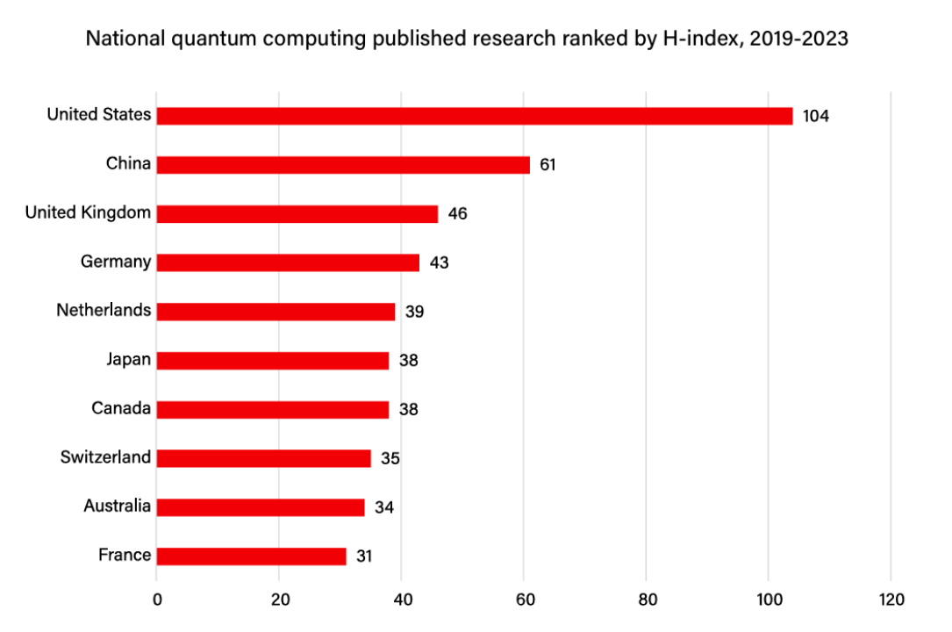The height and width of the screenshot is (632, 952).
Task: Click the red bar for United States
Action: tap(474, 116)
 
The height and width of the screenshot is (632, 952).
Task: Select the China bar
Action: tap(343, 165)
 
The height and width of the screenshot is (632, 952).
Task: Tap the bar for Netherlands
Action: tap(276, 312)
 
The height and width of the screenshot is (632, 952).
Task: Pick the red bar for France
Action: tap(251, 557)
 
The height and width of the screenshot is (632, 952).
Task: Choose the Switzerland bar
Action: tap(263, 458)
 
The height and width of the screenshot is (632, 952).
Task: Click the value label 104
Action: tap(816, 116)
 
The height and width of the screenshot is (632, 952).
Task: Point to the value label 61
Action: tap(548, 165)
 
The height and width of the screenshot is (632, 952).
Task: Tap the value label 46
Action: tap(457, 213)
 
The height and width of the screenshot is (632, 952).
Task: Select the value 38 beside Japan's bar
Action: tap(408, 360)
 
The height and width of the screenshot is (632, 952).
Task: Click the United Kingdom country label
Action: tap(88, 212)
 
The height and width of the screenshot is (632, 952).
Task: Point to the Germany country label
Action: tap(115, 262)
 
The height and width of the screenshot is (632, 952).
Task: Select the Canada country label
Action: tap(121, 408)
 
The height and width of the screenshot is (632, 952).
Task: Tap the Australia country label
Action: tap(117, 506)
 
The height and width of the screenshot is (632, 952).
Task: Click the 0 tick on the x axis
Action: tap(157, 600)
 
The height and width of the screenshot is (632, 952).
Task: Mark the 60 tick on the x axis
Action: tap(524, 600)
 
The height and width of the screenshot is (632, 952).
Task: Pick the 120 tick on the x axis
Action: tap(890, 600)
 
